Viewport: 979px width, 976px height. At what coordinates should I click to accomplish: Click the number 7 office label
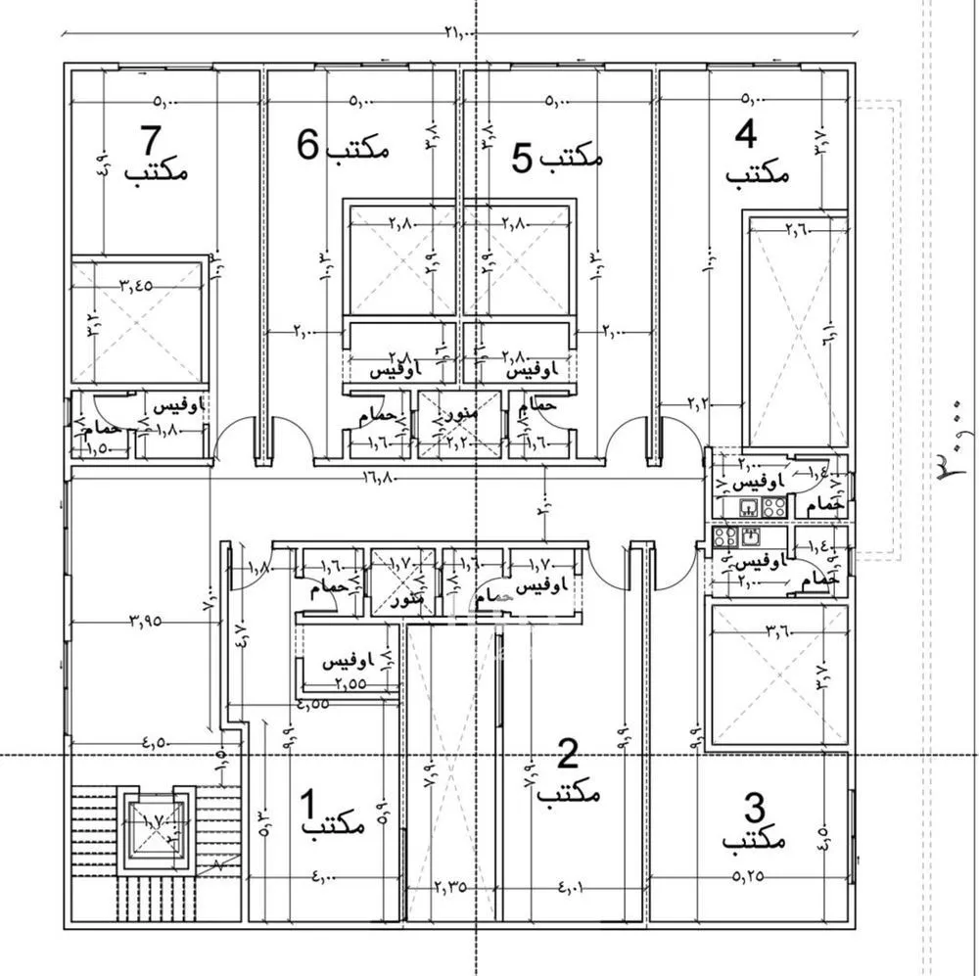[x=156, y=157]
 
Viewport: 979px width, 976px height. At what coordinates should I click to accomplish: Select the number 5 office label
[x=557, y=157]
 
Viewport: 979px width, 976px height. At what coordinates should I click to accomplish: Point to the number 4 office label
[x=757, y=155]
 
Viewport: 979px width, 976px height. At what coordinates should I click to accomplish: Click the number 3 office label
[x=754, y=824]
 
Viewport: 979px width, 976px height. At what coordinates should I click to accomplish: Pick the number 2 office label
[x=568, y=773]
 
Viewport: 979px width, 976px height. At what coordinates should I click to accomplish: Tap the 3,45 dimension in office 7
[x=137, y=286]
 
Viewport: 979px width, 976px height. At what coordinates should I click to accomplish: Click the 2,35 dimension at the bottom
[x=450, y=888]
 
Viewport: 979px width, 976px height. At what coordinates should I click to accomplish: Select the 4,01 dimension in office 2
[x=572, y=888]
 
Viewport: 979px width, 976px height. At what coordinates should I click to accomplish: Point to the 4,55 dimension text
[x=313, y=704]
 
